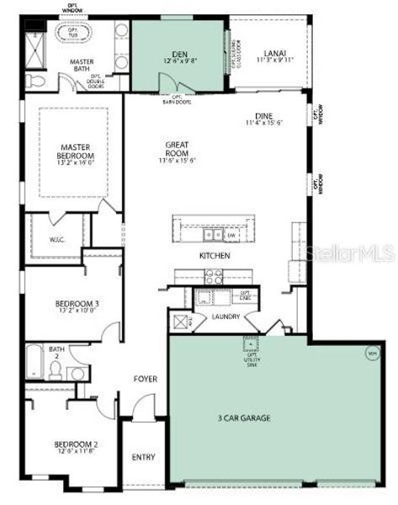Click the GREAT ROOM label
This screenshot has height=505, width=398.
[181, 149]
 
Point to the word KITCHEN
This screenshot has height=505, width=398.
[215, 255]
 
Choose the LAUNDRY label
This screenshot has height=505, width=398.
[226, 316]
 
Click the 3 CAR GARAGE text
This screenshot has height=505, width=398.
[245, 417]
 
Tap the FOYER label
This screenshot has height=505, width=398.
[146, 379]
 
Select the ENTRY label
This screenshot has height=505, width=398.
[144, 457]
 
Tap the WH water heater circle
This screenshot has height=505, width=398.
[371, 354]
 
